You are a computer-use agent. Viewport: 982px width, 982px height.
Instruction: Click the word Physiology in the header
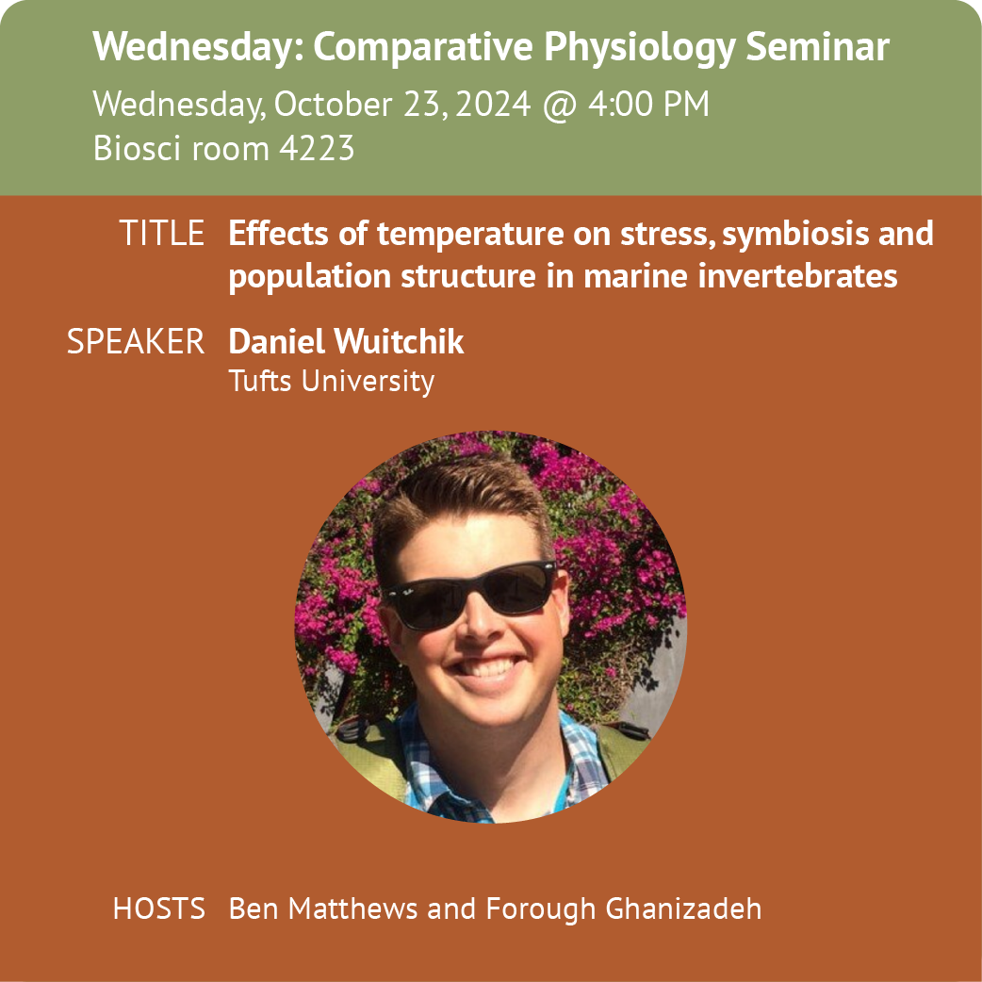pyautogui.click(x=639, y=48)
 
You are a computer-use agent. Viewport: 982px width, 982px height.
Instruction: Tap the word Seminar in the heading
pyautogui.click(x=817, y=46)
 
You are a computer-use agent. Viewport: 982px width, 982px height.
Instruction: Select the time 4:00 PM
pyautogui.click(x=648, y=104)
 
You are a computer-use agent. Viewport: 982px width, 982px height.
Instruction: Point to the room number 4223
pyautogui.click(x=317, y=148)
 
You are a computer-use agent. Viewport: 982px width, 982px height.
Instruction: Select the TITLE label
pyautogui.click(x=162, y=233)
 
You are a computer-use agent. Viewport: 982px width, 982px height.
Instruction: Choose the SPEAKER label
pyautogui.click(x=136, y=341)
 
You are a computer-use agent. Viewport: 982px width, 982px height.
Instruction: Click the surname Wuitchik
pyautogui.click(x=399, y=341)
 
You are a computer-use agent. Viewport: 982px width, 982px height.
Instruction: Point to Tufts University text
pyautogui.click(x=332, y=381)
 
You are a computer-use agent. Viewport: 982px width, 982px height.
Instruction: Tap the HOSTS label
pyautogui.click(x=159, y=908)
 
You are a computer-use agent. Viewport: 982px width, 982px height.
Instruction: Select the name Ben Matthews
pyautogui.click(x=323, y=908)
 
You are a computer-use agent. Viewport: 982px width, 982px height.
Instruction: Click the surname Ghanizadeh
pyautogui.click(x=683, y=908)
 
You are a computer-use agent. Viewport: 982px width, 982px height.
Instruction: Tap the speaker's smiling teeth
pyautogui.click(x=489, y=667)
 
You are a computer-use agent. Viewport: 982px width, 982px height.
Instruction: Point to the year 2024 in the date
pyautogui.click(x=494, y=104)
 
